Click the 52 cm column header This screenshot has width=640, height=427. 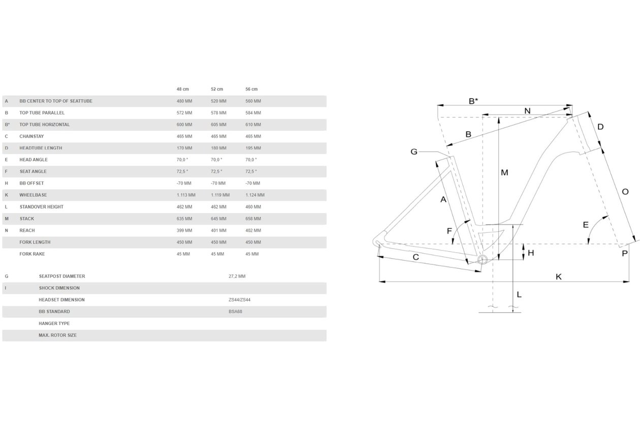(217, 89)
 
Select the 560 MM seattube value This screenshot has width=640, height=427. (253, 101)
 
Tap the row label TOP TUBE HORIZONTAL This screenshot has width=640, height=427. (45, 125)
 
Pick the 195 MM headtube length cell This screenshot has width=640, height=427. (253, 148)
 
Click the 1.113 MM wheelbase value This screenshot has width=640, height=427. (186, 195)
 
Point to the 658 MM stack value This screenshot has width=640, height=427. (253, 219)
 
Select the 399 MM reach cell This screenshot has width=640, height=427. (184, 230)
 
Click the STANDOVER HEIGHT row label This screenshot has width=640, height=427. (42, 207)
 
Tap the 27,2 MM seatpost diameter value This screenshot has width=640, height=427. (237, 276)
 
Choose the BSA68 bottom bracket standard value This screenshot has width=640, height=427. (235, 312)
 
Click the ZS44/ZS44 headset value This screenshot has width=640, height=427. (239, 300)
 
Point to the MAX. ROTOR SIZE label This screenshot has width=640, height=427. (58, 335)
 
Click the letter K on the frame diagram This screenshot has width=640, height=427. (559, 277)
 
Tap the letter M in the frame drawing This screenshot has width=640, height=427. (504, 172)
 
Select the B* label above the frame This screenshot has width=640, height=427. (473, 101)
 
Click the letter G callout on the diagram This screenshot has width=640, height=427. (413, 151)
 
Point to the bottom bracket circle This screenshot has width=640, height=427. (483, 260)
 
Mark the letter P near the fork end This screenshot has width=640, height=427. (625, 253)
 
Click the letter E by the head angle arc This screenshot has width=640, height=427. (586, 225)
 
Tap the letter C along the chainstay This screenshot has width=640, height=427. (415, 257)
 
